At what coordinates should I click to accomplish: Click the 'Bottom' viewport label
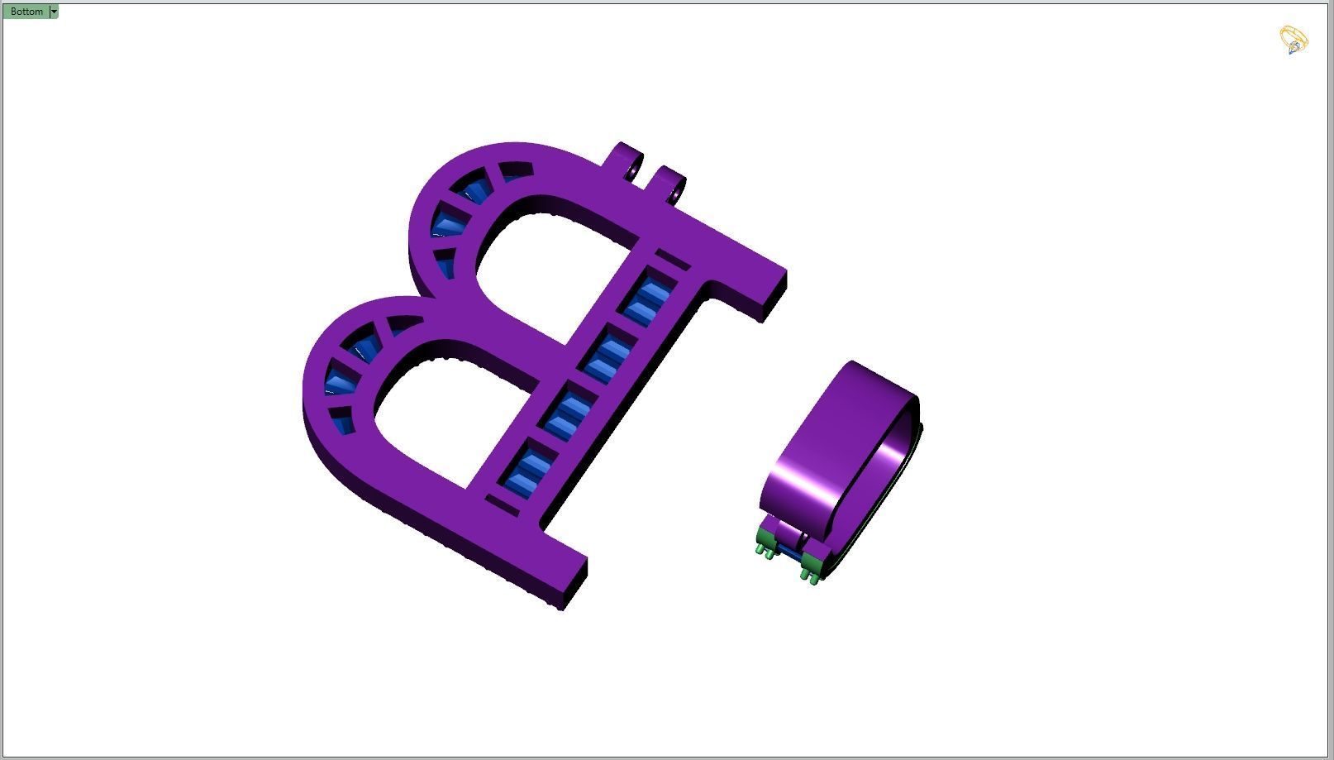tap(26, 12)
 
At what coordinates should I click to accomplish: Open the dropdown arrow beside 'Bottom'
tap(54, 12)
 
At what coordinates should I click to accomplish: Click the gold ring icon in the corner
tap(1294, 40)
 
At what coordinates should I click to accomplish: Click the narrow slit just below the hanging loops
tap(672, 260)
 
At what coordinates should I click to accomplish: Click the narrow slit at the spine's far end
tap(501, 504)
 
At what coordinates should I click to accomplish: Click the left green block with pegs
tap(765, 542)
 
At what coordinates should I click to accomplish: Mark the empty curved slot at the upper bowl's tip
tap(515, 170)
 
